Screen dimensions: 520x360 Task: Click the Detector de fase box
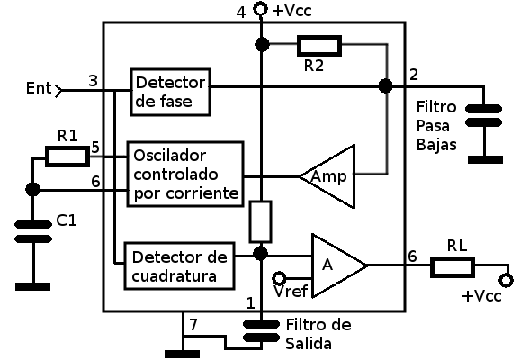[170, 92]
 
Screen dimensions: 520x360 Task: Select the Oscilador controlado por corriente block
[185, 175]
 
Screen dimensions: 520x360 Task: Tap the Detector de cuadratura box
[179, 266]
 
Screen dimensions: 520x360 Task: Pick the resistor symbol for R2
[319, 46]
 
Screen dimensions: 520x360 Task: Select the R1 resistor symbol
[67, 157]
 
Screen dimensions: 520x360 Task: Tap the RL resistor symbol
[453, 267]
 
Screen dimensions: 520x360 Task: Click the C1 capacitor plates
[33, 231]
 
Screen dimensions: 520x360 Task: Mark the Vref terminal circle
[279, 278]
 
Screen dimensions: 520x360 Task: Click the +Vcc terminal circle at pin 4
[260, 9]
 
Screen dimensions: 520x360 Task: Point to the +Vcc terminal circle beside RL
[507, 281]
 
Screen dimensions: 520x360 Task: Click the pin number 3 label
[94, 81]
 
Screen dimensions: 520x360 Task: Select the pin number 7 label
[193, 324]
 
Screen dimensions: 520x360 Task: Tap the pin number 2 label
[414, 75]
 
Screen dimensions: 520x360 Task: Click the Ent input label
[39, 88]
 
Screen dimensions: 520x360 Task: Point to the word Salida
[309, 344]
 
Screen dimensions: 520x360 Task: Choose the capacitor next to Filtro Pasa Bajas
[483, 115]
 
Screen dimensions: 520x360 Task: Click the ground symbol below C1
[32, 286]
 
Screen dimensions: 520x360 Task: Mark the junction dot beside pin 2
[386, 86]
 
